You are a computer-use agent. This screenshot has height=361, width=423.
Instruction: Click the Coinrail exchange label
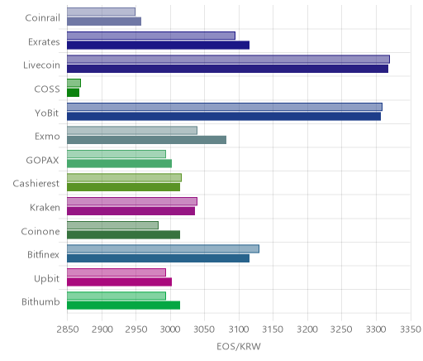coord(42,18)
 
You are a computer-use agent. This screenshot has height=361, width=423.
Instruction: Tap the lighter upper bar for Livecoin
coord(228,60)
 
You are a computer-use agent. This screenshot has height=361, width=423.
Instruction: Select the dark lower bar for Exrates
coord(158,45)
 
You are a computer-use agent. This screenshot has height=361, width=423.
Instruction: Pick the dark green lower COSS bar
coord(73,93)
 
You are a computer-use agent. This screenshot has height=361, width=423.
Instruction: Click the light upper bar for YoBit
coord(225,107)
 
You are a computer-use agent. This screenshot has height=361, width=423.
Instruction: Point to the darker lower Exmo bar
coord(146,140)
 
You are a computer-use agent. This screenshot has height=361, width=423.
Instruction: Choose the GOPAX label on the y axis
coord(42,160)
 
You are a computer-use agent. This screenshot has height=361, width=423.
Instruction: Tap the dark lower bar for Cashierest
coord(123,187)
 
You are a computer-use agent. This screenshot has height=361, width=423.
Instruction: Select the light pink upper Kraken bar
coord(132,201)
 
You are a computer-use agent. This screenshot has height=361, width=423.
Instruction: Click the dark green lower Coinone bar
coord(123,235)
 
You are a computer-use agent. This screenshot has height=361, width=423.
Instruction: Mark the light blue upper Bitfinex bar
coord(163,248)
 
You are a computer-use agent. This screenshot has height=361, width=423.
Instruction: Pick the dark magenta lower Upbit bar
coord(119,282)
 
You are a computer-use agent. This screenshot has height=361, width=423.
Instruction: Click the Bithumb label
coord(40,301)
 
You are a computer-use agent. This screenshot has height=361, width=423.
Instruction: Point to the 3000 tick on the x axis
coord(170,330)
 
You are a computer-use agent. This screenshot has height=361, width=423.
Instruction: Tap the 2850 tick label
coord(68,330)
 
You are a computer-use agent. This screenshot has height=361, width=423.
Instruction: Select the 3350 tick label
coord(411,330)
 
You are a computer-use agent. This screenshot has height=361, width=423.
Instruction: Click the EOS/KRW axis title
coord(239,346)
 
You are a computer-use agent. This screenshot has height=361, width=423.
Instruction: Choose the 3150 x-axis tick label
coord(273,330)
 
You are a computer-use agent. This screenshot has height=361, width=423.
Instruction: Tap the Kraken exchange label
coord(45,207)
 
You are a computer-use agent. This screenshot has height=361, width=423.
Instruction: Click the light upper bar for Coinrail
coord(101,12)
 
